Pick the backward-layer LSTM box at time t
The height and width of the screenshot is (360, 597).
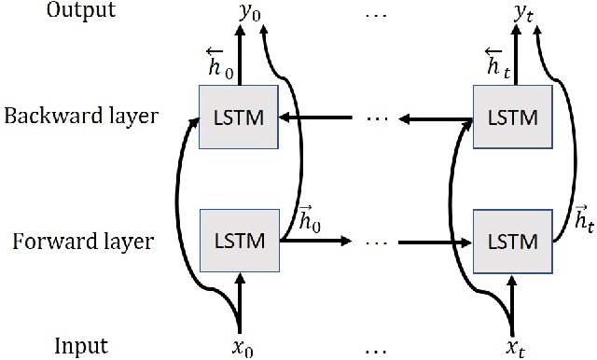pyautogui.click(x=513, y=118)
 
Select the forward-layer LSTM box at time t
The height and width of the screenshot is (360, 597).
pyautogui.click(x=513, y=241)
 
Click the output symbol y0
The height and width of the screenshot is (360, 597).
pyautogui.click(x=245, y=13)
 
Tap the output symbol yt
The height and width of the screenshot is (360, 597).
pyautogui.click(x=518, y=13)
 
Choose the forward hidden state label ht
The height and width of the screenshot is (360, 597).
pyautogui.click(x=582, y=221)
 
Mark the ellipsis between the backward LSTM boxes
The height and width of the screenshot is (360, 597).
pyautogui.click(x=377, y=119)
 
